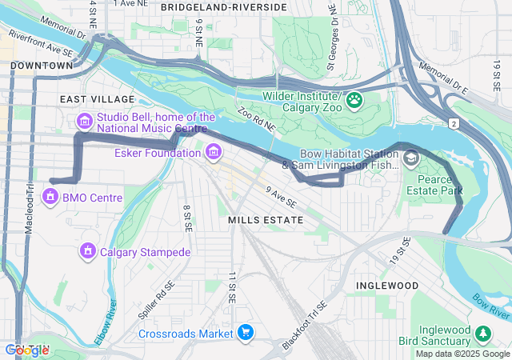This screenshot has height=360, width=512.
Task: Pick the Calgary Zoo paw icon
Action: tap(354, 102)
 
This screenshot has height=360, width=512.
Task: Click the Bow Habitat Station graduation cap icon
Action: tap(410, 159)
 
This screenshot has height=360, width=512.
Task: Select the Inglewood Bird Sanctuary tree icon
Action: tap(482, 333)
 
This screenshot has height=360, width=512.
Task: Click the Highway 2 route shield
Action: tap(454, 123)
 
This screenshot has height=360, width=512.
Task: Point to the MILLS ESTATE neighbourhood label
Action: tap(266, 219)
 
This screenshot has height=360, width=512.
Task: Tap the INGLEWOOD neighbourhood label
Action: tap(387, 286)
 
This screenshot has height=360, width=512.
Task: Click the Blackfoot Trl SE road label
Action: tap(305, 326)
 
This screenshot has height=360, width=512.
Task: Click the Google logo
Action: tap(26, 350)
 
